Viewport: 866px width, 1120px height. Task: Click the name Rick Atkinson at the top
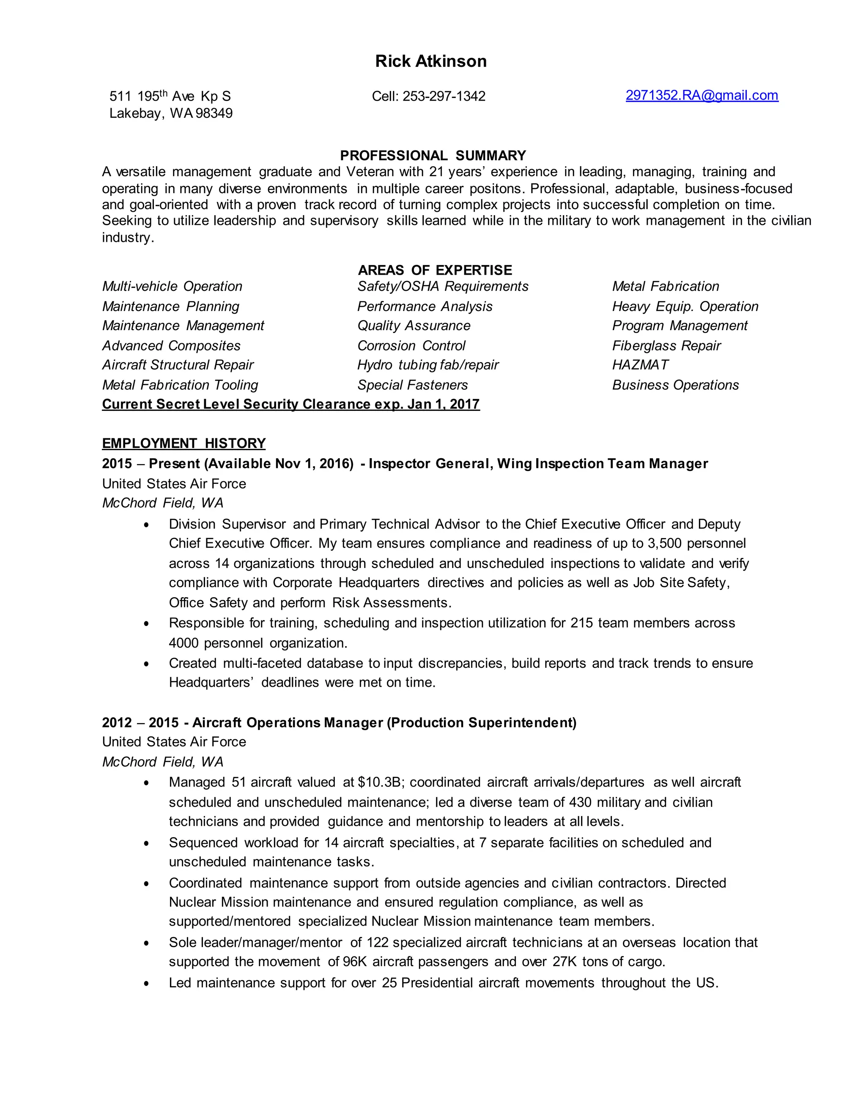pos(430,61)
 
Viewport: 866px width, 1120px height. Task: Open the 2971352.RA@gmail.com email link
pos(702,96)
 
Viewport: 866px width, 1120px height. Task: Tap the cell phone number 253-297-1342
pos(443,96)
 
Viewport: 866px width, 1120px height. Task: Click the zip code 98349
pos(214,113)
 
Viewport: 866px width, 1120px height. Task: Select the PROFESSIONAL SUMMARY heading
pos(433,156)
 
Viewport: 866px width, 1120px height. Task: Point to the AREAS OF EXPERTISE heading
pos(435,270)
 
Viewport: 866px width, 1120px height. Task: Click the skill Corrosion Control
pos(411,346)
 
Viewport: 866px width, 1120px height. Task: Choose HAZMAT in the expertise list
pos(640,365)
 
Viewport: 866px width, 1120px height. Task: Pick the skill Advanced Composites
pos(171,346)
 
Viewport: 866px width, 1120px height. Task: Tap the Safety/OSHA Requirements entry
pos(442,286)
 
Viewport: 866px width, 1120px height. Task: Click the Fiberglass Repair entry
pos(666,346)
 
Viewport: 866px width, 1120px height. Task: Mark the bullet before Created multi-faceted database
pos(146,664)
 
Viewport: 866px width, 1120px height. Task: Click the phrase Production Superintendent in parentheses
pos(481,723)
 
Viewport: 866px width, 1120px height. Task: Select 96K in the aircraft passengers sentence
pos(354,962)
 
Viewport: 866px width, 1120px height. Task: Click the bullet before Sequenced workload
pos(146,843)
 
